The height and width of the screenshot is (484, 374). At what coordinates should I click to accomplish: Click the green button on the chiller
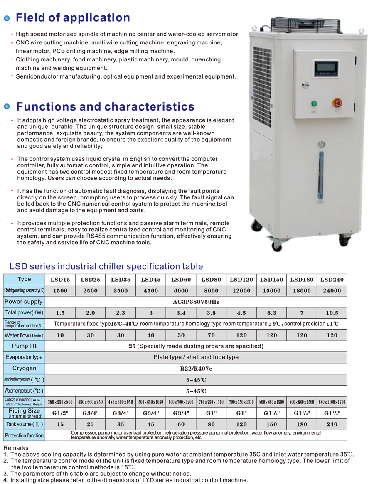point(315,103)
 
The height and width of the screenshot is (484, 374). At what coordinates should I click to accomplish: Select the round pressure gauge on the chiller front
point(322,145)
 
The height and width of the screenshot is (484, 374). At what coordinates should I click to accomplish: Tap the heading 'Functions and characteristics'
point(105,107)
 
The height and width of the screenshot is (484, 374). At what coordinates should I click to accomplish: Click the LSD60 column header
point(181,280)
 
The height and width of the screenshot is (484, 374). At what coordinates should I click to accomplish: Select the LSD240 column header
point(332,280)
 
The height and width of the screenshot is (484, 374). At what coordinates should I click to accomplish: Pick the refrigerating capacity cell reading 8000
point(211,291)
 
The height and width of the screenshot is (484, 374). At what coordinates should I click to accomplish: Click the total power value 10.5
point(332,313)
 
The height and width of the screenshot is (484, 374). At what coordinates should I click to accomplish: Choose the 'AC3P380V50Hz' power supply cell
point(196,302)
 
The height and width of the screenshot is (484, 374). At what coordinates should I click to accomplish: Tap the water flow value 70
point(211,335)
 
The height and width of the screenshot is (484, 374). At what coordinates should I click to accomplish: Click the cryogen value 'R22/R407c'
point(196,369)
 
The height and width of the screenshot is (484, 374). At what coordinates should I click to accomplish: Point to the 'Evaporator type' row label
point(24,357)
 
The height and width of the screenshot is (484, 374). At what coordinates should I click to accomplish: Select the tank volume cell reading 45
point(151,424)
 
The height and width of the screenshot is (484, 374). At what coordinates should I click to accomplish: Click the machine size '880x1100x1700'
point(332,402)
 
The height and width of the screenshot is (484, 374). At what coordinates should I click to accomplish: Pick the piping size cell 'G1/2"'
point(60,413)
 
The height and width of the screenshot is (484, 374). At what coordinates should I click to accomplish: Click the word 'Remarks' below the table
point(16,448)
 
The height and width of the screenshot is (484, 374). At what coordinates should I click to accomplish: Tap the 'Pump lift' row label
point(24,346)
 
